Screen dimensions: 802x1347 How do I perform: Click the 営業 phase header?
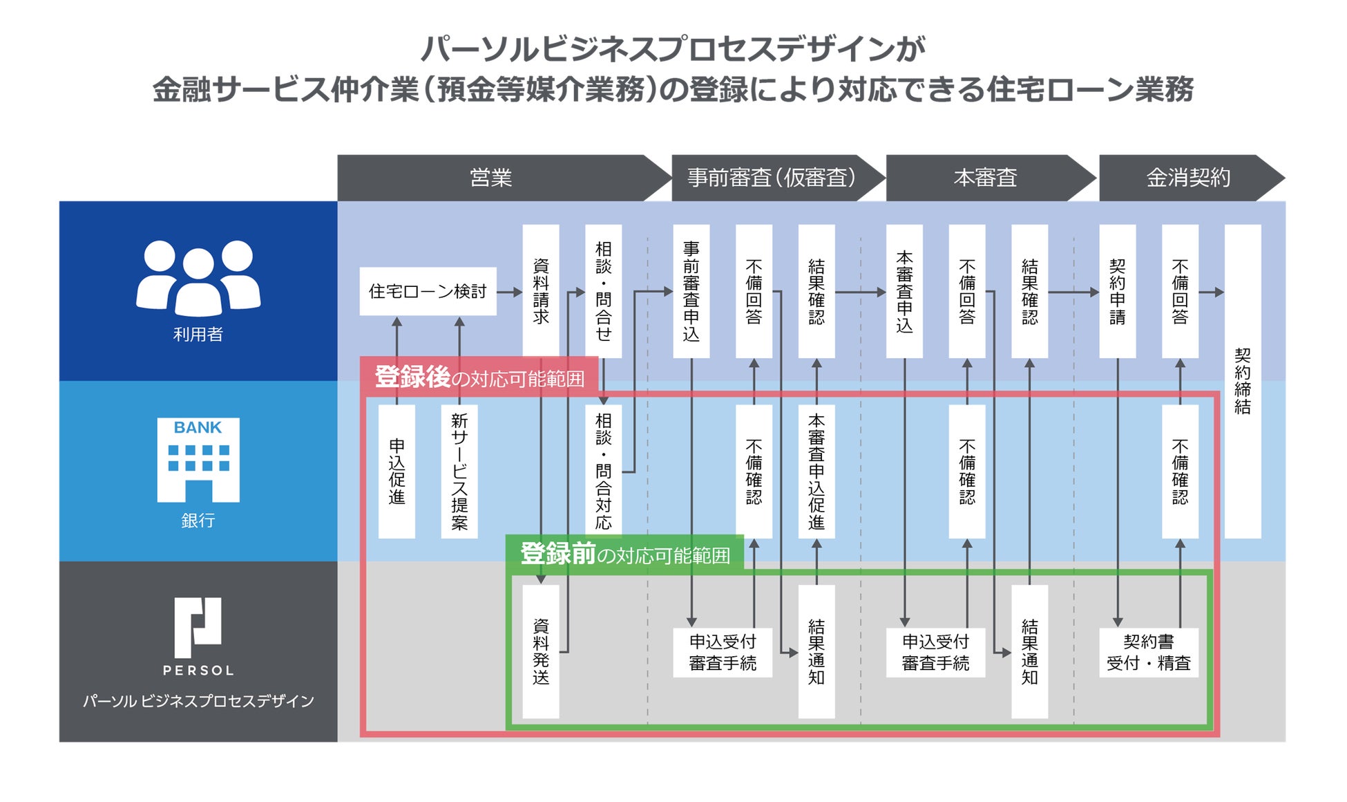(490, 178)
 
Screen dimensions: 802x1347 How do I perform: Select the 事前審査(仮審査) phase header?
(771, 178)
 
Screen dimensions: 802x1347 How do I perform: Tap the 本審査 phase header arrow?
(985, 178)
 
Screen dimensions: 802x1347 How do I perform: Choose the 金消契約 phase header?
(1188, 178)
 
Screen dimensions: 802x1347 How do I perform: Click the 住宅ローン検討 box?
(428, 292)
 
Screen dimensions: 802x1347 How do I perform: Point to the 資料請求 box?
(541, 290)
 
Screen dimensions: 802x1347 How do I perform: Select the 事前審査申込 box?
(691, 290)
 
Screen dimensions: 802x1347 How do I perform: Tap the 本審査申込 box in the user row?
(904, 290)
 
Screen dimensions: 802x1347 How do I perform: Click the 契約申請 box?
(1117, 290)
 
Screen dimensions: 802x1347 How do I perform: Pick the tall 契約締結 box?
(1242, 380)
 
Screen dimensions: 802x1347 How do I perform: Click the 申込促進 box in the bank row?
(397, 471)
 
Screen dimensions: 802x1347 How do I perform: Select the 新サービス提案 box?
(459, 471)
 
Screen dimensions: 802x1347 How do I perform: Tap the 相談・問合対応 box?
(603, 471)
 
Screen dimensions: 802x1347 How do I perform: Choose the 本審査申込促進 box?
(816, 471)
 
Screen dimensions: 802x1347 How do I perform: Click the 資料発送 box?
(541, 651)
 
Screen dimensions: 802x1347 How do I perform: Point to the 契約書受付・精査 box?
(1148, 652)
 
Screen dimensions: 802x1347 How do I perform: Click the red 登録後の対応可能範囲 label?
(479, 377)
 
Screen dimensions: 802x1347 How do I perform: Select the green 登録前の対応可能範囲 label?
(624, 554)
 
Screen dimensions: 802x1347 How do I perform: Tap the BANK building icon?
(198, 459)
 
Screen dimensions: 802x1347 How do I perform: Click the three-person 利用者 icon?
(198, 277)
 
